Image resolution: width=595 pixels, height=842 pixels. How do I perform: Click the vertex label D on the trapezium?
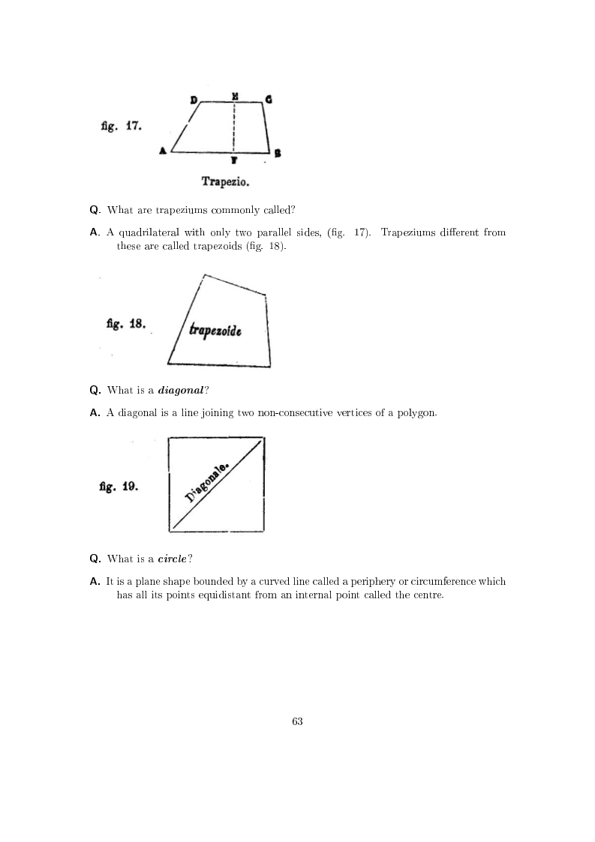tap(194, 100)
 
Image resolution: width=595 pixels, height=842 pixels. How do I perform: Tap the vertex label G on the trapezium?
tap(268, 99)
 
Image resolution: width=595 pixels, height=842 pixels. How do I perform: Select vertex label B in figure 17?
tap(278, 154)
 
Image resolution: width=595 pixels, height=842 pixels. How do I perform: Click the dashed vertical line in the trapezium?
tap(235, 127)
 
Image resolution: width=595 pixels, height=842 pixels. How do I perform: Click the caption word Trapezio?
tap(226, 181)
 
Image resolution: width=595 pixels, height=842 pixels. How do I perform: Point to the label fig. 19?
tap(118, 486)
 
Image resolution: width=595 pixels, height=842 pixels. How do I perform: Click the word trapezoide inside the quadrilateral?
tap(215, 329)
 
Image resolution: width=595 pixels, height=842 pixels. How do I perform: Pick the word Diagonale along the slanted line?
tap(209, 483)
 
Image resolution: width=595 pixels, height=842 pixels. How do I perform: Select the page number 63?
tap(297, 721)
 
